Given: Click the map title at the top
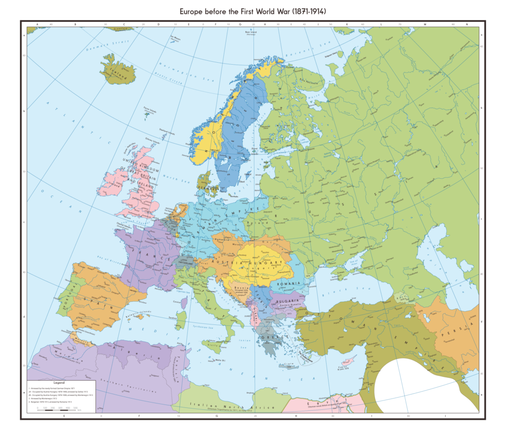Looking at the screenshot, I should (x=253, y=10).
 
